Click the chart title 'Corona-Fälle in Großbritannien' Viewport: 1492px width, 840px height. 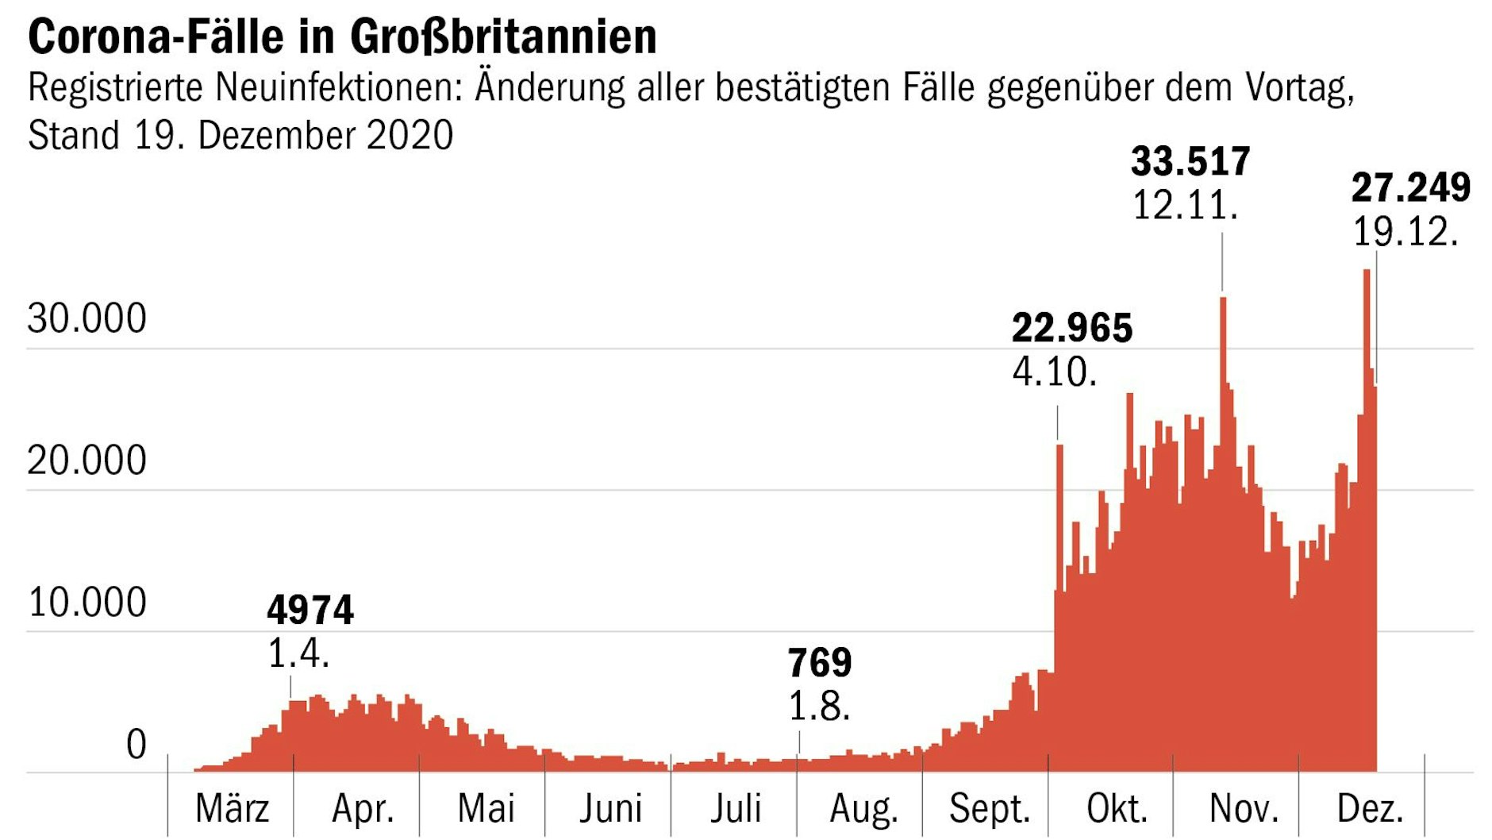click(x=342, y=37)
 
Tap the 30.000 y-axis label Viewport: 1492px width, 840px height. click(x=87, y=318)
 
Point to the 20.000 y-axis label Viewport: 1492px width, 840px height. click(x=87, y=460)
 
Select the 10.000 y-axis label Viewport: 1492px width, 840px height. click(x=87, y=603)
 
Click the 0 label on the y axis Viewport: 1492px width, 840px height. click(x=137, y=745)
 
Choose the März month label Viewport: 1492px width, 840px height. click(x=232, y=809)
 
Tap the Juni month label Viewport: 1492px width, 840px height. click(x=609, y=809)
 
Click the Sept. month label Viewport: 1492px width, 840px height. click(x=989, y=809)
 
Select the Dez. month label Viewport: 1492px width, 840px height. click(x=1370, y=809)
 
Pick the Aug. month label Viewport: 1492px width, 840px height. click(x=863, y=809)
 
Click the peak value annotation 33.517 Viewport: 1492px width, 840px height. click(x=1190, y=162)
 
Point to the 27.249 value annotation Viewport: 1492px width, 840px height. click(x=1410, y=188)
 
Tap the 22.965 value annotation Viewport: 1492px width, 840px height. click(x=1072, y=328)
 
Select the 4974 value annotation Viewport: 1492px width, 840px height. click(x=310, y=610)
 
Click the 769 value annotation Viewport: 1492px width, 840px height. click(x=819, y=662)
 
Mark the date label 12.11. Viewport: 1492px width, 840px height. click(x=1184, y=206)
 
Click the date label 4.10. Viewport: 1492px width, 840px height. click(x=1055, y=372)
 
